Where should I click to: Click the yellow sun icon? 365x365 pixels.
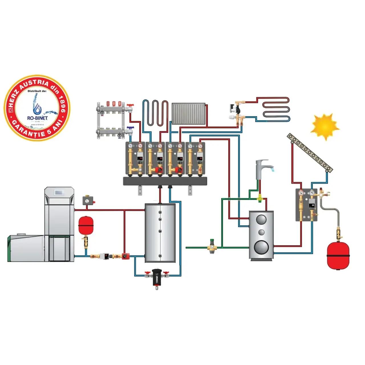(x=325, y=127)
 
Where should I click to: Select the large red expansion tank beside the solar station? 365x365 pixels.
(x=338, y=255)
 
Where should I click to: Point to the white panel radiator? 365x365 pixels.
(x=188, y=113)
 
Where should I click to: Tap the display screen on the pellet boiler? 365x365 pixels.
(x=59, y=192)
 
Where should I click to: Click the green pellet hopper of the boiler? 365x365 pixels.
(x=26, y=248)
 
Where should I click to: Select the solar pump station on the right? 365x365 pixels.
(x=306, y=205)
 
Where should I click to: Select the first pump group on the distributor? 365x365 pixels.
(x=135, y=158)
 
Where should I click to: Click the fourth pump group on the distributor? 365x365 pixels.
(x=195, y=158)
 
